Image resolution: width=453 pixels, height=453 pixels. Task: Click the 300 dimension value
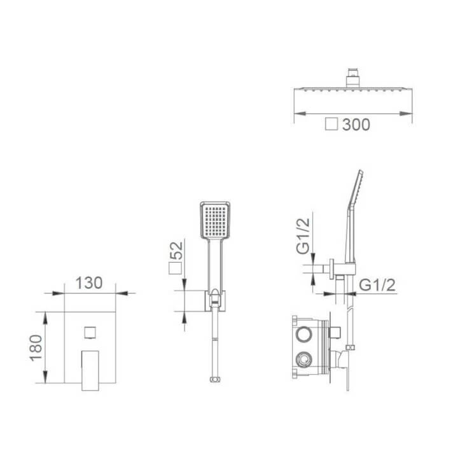click(x=356, y=125)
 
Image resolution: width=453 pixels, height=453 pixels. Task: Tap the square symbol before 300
click(x=331, y=125)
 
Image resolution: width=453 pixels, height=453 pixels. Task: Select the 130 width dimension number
click(x=88, y=282)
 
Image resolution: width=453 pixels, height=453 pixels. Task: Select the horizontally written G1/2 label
click(x=377, y=284)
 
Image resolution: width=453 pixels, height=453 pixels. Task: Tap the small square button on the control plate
click(x=90, y=332)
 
